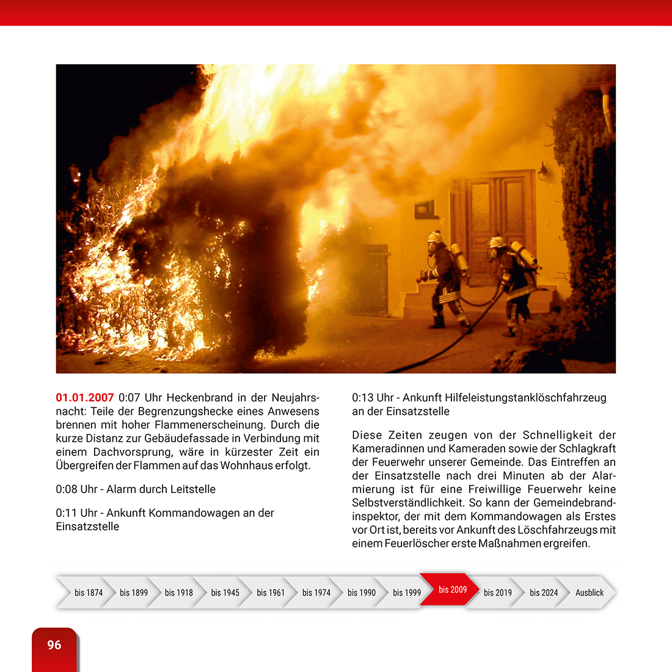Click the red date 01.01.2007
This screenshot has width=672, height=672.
[x=84, y=398]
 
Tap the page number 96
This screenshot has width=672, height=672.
[x=54, y=645]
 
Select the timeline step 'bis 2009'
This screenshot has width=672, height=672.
[x=452, y=590]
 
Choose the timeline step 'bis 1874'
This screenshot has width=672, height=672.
[x=89, y=593]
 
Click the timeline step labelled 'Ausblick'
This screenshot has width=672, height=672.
[x=589, y=593]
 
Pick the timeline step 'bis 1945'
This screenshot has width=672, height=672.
[x=225, y=593]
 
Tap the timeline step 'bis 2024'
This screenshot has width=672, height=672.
[x=544, y=593]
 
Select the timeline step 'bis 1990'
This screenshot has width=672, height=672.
[x=362, y=593]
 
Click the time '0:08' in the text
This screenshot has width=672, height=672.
[x=67, y=489]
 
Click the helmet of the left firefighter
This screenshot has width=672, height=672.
[x=435, y=237]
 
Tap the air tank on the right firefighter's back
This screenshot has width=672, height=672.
[x=524, y=254]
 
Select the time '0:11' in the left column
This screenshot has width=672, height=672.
[x=67, y=513]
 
